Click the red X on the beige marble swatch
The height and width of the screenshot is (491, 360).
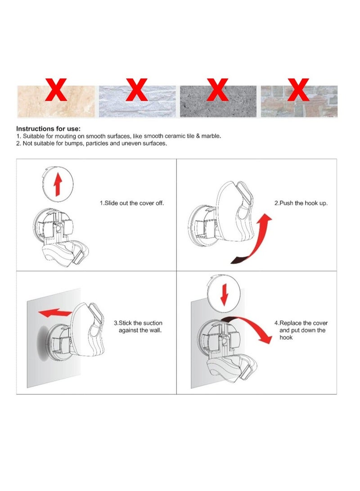pyautogui.click(x=56, y=90)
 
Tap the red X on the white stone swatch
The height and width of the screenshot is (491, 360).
pyautogui.click(x=136, y=90)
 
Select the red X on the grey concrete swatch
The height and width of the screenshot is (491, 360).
pyautogui.click(x=217, y=90)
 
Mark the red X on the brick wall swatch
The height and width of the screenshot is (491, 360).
pyautogui.click(x=298, y=90)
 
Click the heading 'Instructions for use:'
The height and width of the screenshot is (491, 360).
pyautogui.click(x=48, y=128)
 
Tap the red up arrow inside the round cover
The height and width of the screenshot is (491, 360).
pyautogui.click(x=58, y=185)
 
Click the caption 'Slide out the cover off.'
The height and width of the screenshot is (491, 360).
pyautogui.click(x=132, y=203)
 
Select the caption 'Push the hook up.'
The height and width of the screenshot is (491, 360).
pyautogui.click(x=301, y=203)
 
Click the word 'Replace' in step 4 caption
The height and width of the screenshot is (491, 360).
pyautogui.click(x=291, y=323)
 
